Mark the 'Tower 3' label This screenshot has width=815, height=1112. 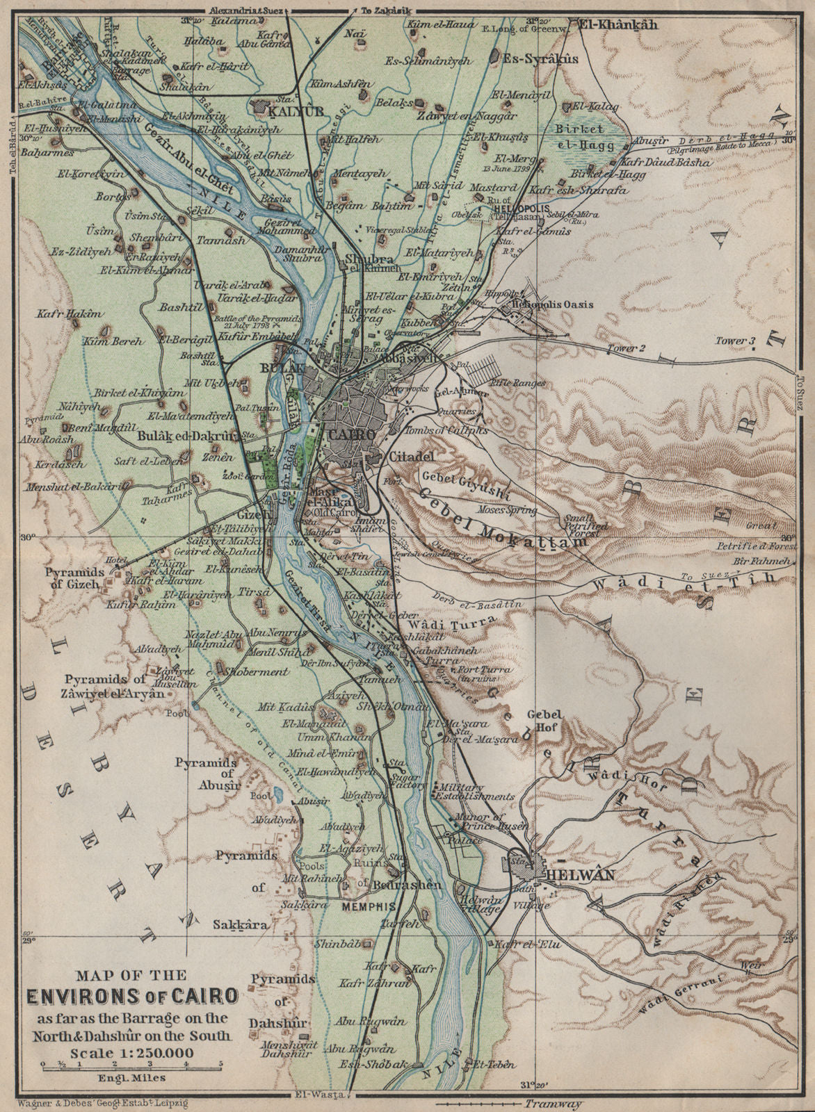click(x=738, y=340)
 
